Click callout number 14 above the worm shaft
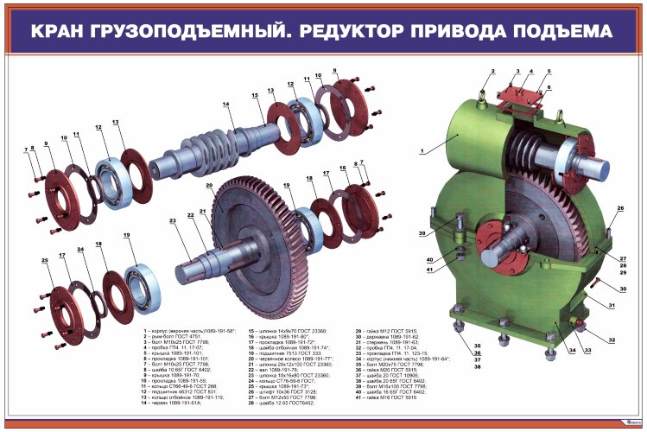tap(225, 105)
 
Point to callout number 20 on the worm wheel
tap(208, 185)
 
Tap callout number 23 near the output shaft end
tap(173, 221)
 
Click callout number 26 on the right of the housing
tap(619, 208)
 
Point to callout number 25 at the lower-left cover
tap(44, 260)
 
